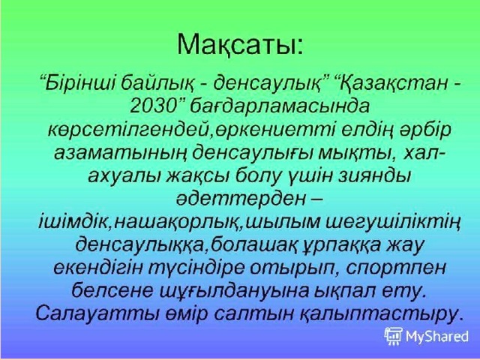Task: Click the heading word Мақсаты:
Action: click(x=240, y=45)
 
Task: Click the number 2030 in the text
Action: click(x=151, y=106)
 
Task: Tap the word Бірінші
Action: click(x=79, y=83)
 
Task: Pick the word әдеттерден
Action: click(x=241, y=199)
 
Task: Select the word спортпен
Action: click(x=396, y=268)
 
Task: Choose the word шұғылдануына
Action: click(x=234, y=292)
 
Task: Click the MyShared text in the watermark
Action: click(x=436, y=337)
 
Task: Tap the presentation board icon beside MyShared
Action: click(x=394, y=336)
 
